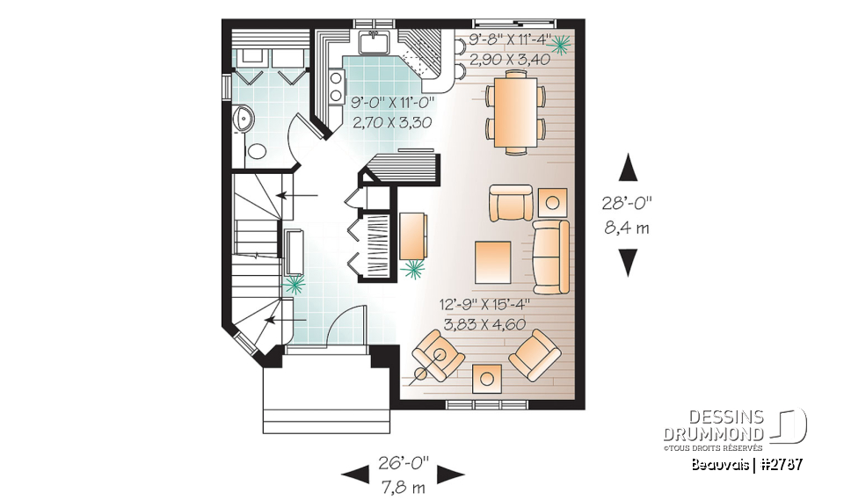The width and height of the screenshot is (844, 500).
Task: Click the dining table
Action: point(516,112)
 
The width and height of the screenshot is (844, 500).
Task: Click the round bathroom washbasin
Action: point(243,119)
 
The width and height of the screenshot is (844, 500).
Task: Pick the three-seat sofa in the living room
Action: point(551,257)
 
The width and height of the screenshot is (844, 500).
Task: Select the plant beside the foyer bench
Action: point(295,283)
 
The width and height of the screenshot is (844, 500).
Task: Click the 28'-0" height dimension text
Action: point(628,203)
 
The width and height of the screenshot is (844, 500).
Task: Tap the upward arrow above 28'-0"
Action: point(628,168)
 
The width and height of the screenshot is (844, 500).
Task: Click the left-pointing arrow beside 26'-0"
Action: point(355,475)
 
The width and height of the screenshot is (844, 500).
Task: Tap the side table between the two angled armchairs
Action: point(487,378)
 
